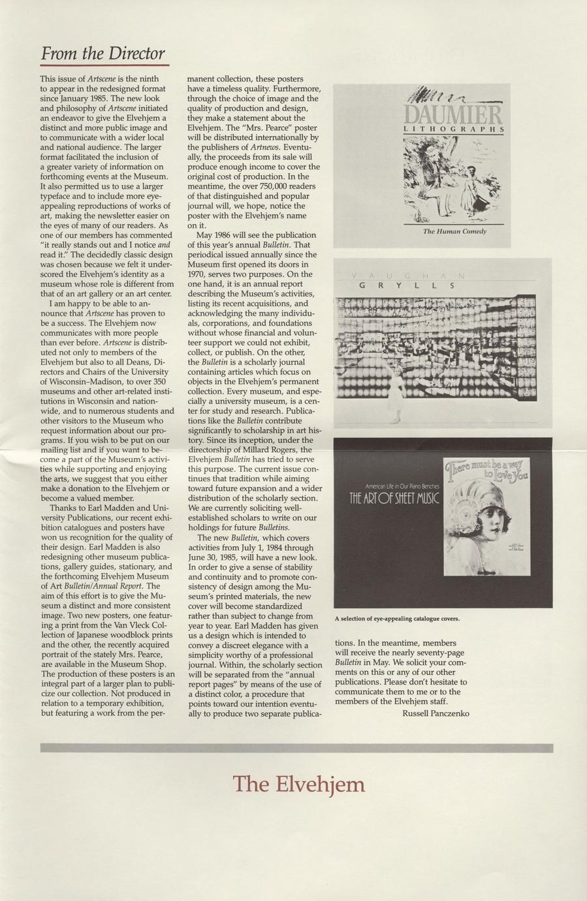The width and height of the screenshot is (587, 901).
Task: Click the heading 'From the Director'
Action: (x=103, y=53)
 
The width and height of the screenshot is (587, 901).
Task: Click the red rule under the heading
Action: (x=104, y=65)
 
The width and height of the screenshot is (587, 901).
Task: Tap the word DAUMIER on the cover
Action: (x=453, y=116)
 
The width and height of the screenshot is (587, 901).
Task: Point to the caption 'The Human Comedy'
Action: (x=454, y=231)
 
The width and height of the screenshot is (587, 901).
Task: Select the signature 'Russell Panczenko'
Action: (x=436, y=713)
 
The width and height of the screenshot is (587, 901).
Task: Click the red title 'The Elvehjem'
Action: (x=298, y=783)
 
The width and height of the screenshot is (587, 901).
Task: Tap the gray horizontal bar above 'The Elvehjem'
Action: (x=296, y=747)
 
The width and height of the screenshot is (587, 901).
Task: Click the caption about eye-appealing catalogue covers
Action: (x=397, y=618)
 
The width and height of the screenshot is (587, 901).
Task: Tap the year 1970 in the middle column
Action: (x=198, y=265)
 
